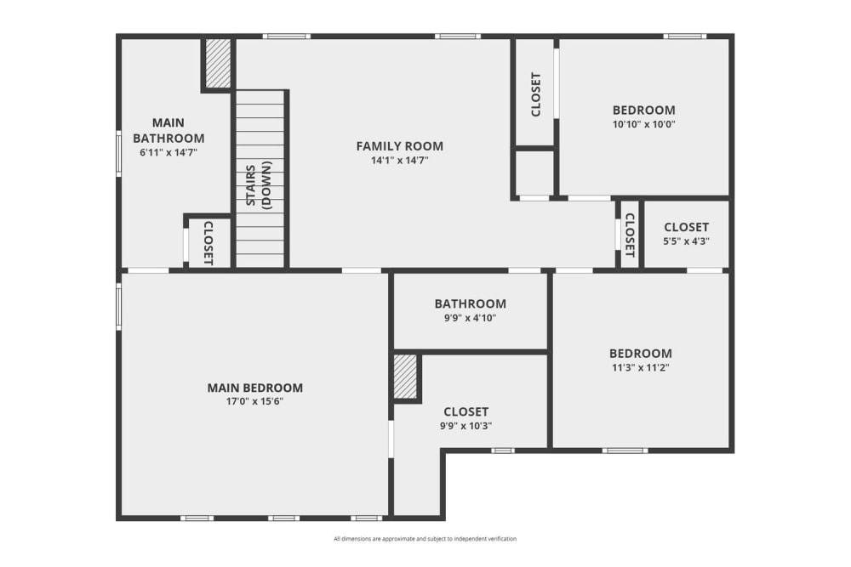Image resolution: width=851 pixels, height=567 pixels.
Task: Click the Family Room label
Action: [x=399, y=145]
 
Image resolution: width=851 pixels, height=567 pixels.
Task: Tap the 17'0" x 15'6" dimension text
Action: [x=254, y=401]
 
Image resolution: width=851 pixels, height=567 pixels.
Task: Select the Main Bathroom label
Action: [x=168, y=130]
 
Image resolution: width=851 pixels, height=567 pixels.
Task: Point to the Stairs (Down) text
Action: [x=260, y=184]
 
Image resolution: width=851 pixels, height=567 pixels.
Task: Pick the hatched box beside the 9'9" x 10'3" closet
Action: [x=405, y=376]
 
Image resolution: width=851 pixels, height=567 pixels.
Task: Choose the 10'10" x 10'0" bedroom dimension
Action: [x=643, y=124]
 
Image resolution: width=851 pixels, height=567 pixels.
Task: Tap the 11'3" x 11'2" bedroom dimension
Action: [x=640, y=368]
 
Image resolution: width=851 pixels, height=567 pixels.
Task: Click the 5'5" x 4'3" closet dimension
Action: [x=686, y=241]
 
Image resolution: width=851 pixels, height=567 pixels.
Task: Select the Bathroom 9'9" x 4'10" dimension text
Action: [x=470, y=318]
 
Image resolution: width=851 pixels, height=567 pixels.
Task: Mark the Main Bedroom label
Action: [x=254, y=388]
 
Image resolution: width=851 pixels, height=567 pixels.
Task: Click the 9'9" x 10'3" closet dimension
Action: [x=465, y=426]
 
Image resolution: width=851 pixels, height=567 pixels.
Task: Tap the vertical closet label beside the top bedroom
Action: [x=535, y=94]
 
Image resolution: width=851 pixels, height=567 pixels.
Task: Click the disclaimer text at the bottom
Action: [x=425, y=539]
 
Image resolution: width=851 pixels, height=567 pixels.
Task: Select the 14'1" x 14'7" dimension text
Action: [x=399, y=160]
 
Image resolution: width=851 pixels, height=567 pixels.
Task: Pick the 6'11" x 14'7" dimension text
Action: [x=168, y=152]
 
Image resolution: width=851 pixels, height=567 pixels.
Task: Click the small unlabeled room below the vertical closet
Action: [x=534, y=173]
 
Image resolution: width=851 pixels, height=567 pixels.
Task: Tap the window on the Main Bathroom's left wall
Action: [x=118, y=152]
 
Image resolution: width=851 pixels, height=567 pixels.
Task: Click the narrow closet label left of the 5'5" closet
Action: [x=630, y=235]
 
